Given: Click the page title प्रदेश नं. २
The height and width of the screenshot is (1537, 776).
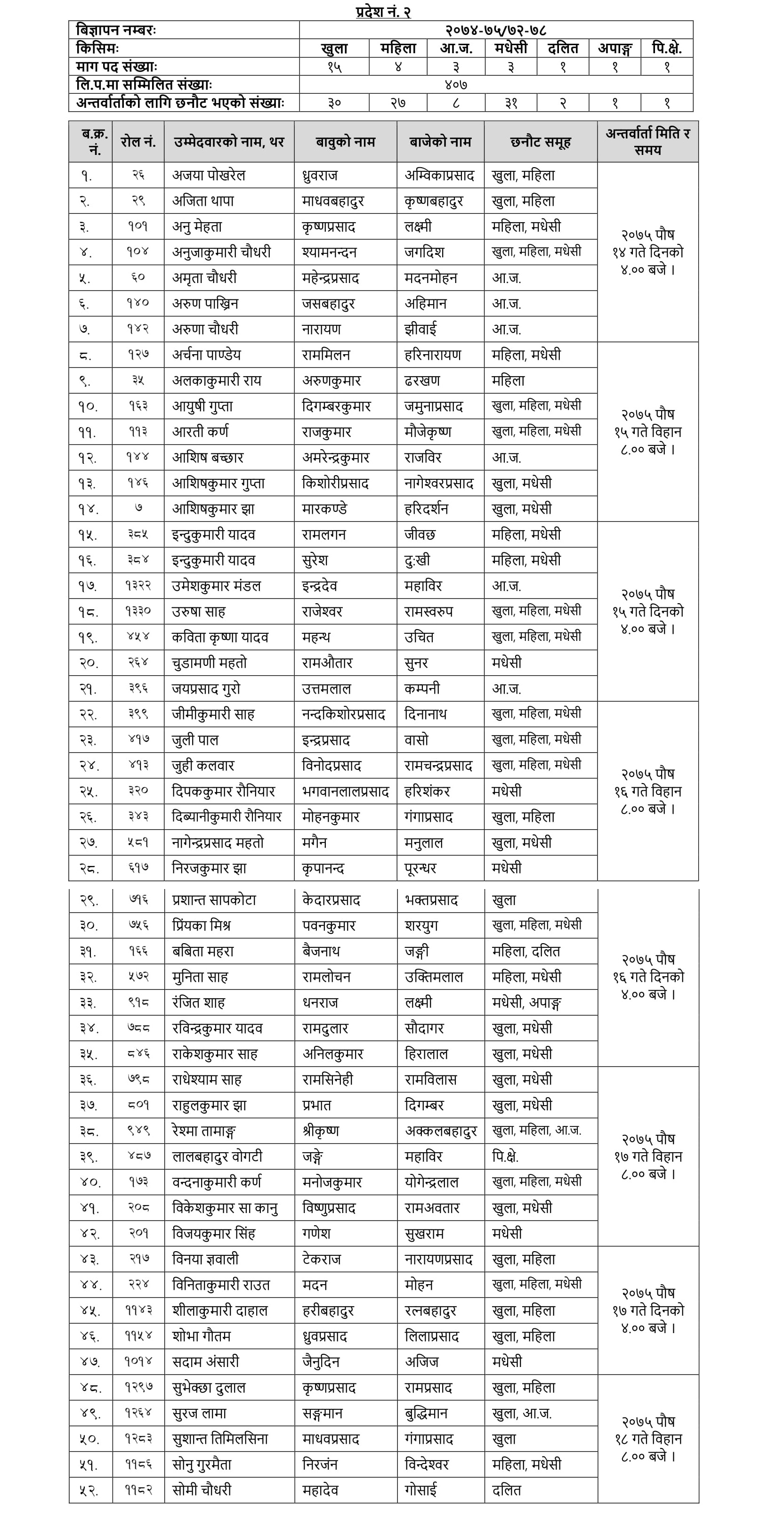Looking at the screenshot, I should pos(383,11).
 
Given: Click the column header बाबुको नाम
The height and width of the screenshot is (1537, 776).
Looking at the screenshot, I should pos(345,142).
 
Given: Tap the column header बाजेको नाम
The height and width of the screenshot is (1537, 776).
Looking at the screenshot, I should pos(440,142).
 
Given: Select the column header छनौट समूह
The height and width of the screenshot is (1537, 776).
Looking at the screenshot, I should pos(541,142).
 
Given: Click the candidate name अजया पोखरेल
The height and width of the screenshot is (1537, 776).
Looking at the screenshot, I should pos(209,176).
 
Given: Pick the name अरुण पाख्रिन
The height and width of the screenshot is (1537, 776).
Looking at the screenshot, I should pos(205,304).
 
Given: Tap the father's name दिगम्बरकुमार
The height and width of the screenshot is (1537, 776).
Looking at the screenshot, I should pos(336,406).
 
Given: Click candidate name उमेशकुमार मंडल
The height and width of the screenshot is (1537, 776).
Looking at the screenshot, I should pos(217,586).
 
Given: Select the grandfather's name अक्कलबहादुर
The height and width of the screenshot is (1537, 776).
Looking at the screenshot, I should pos(441,1131).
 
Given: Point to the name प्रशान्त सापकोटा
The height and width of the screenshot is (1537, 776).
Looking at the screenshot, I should pos(214,900).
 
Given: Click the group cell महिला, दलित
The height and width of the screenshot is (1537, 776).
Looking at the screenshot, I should pos(526,952).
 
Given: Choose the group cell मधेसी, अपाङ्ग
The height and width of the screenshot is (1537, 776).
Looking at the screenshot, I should pos(527,1003).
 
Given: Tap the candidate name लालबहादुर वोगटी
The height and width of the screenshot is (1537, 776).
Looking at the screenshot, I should pos(217,1157).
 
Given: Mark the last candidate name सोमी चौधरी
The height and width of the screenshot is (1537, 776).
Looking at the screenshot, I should pos(202,1490).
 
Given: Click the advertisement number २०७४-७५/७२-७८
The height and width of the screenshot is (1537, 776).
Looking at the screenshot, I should pos(496,30).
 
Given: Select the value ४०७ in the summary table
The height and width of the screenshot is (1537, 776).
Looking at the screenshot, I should pos(456,85).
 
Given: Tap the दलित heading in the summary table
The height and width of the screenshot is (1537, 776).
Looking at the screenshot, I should pos(563,49).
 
